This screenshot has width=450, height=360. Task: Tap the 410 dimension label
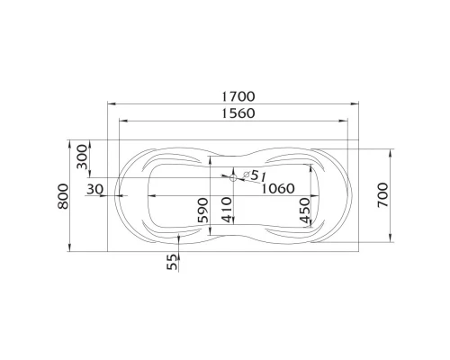pyautogui.click(x=227, y=214)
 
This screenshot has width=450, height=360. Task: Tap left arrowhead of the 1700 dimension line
pyautogui.click(x=111, y=104)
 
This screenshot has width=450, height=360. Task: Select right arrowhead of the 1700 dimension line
pyautogui.click(x=363, y=104)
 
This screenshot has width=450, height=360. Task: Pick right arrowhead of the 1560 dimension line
pyautogui.click(x=350, y=121)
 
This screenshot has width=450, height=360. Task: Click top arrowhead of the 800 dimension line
pyautogui.click(x=71, y=142)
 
